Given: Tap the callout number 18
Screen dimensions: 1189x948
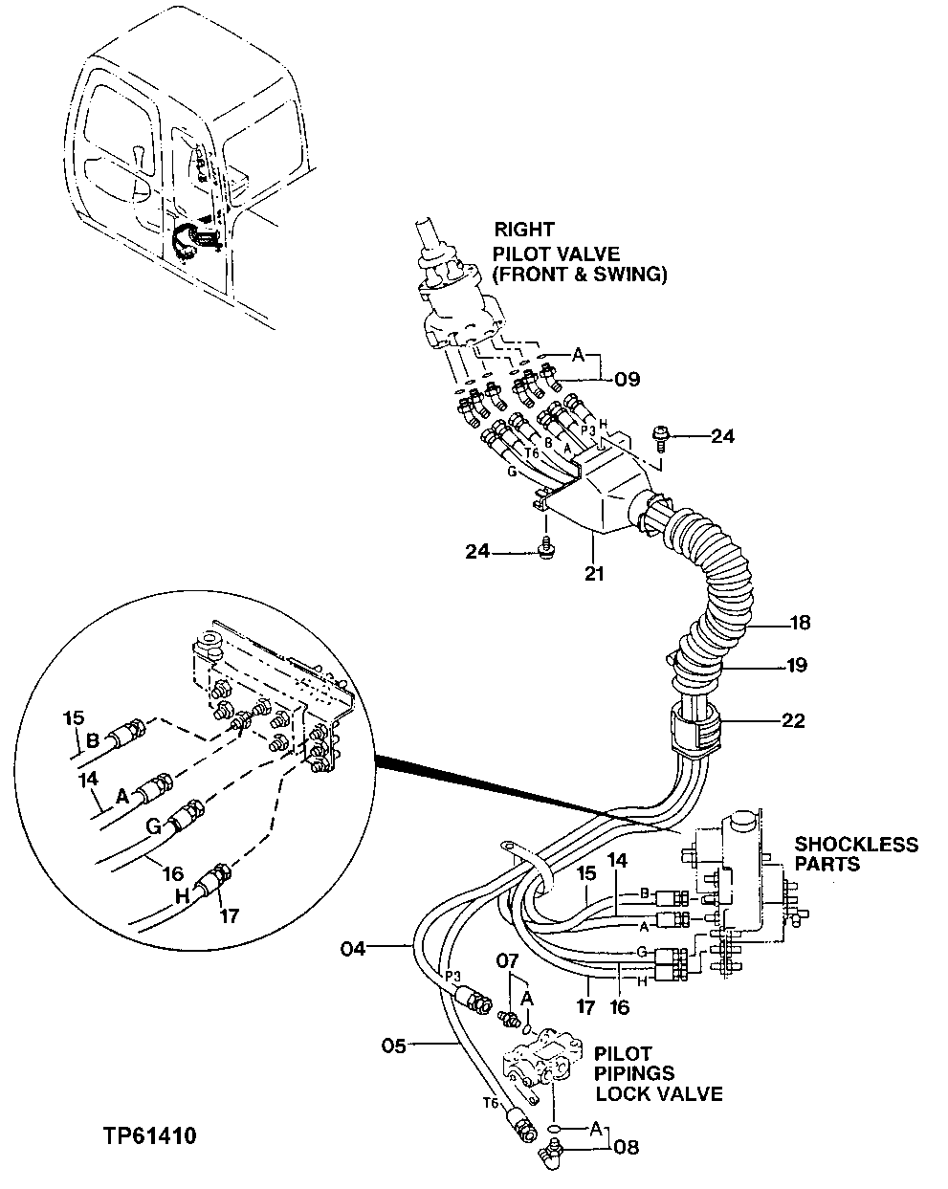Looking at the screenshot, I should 799,623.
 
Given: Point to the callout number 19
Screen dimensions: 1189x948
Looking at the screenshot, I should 796,664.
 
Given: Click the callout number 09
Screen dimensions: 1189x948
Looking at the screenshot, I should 627,379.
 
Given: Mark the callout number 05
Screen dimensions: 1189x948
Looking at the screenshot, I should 396,1045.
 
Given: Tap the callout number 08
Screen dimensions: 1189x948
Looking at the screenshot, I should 627,1146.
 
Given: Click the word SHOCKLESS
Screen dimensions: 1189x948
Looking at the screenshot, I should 856,845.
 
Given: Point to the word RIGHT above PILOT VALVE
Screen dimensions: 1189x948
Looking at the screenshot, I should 524,230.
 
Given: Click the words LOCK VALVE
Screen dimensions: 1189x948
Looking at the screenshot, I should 659,1094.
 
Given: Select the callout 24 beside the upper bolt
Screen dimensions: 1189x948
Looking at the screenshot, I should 723,437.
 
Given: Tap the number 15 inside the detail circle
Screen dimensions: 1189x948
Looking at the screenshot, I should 75,716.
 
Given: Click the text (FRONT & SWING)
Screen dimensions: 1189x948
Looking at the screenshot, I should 580,275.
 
